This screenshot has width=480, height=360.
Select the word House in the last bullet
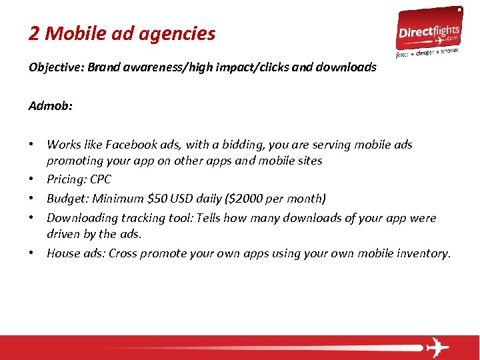pyautogui.click(x=63, y=253)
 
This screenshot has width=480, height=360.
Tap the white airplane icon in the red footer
pyautogui.click(x=437, y=347)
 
